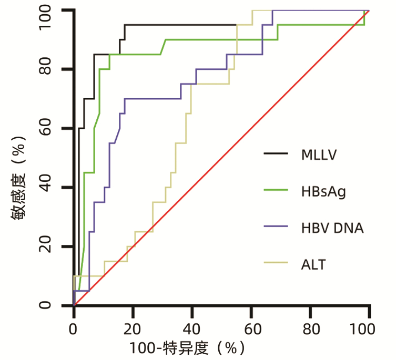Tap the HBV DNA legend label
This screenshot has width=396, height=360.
pyautogui.click(x=332, y=228)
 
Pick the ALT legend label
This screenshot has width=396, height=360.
pyautogui.click(x=314, y=264)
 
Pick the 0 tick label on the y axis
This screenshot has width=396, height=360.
pyautogui.click(x=59, y=306)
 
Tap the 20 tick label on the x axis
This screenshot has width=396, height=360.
pyautogui.click(x=133, y=330)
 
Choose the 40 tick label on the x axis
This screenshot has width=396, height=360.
pyautogui.click(x=192, y=330)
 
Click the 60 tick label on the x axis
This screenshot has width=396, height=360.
pyautogui.click(x=251, y=330)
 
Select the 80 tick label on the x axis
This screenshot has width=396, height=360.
pyautogui.click(x=310, y=330)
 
